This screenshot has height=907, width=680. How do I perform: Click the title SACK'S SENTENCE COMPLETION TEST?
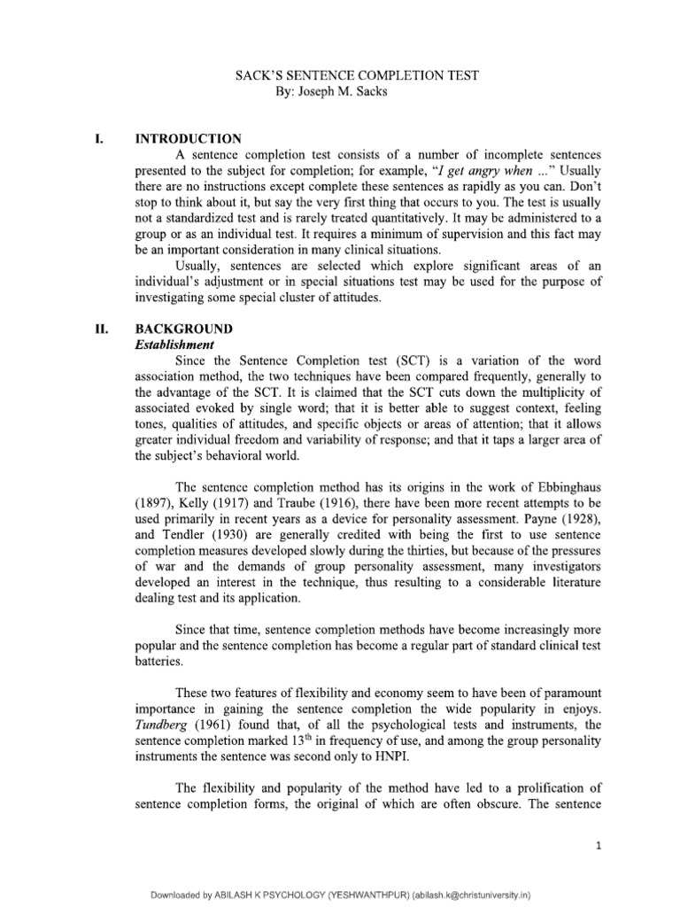coord(356,75)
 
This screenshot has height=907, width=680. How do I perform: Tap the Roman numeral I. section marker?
coord(101,139)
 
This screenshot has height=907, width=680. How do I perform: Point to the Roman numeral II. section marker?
coord(102,328)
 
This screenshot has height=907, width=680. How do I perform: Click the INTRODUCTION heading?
coord(187,139)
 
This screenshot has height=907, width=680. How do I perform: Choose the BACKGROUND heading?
coord(182,328)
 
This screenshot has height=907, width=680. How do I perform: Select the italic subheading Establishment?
coord(176,344)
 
